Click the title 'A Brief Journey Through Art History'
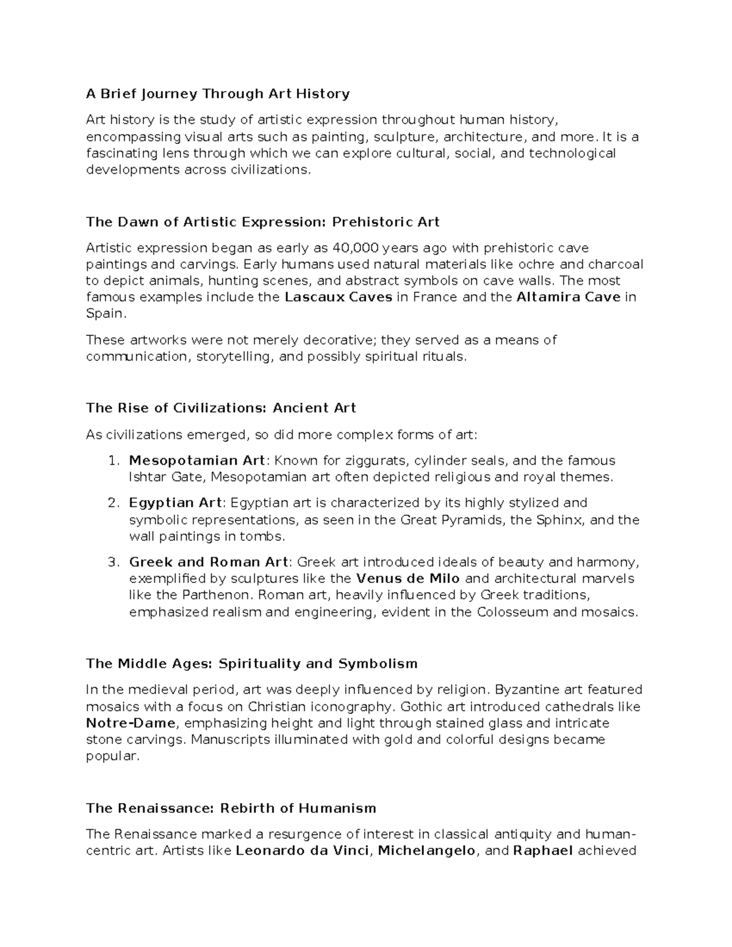(218, 94)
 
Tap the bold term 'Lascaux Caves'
(339, 298)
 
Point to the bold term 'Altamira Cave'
(569, 298)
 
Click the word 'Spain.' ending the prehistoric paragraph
(107, 314)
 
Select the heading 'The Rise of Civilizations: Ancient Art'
(221, 408)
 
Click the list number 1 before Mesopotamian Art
(112, 460)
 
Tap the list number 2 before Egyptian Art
(112, 503)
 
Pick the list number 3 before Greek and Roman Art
(112, 562)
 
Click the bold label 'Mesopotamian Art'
(197, 460)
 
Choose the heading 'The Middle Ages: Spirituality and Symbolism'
(252, 663)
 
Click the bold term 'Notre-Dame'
(131, 723)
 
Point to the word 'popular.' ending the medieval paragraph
(113, 756)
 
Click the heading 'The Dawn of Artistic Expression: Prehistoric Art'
(263, 222)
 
